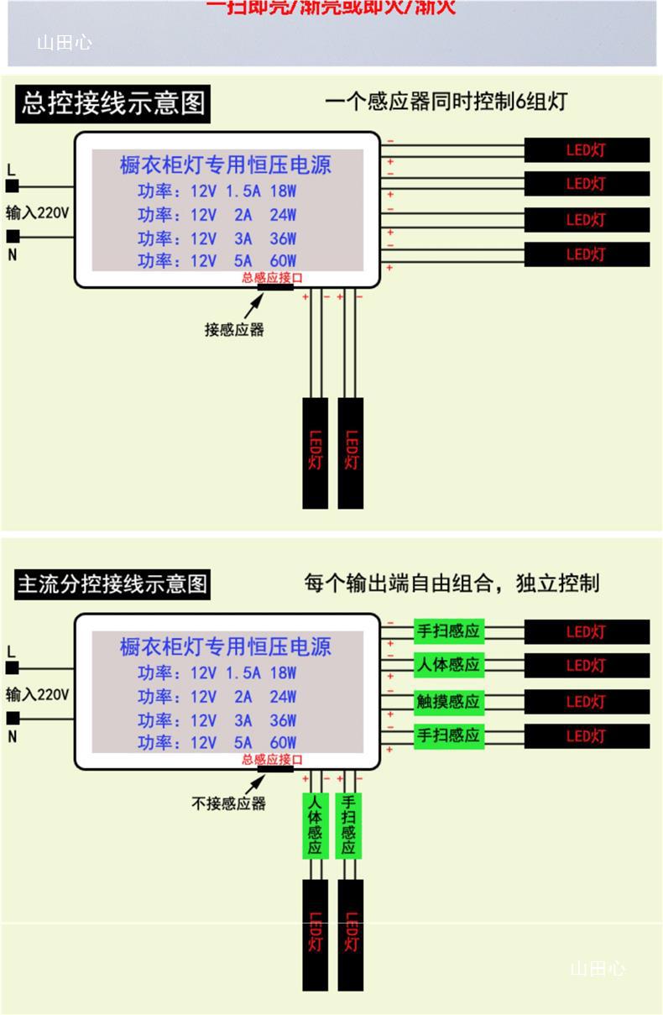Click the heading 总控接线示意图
pyautogui.click(x=112, y=103)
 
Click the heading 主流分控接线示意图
pyautogui.click(x=112, y=583)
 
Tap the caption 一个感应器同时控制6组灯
pyautogui.click(x=446, y=102)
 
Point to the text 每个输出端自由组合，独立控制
pyautogui.click(x=452, y=583)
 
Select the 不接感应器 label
pyautogui.click(x=228, y=803)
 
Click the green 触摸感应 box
pyautogui.click(x=448, y=701)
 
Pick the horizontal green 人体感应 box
pyautogui.click(x=448, y=665)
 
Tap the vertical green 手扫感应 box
pyautogui.click(x=348, y=826)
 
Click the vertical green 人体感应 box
pyautogui.click(x=315, y=826)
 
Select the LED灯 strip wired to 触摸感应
pyautogui.click(x=587, y=702)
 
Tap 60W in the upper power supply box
pyautogui.click(x=283, y=261)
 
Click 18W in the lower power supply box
pyautogui.click(x=283, y=672)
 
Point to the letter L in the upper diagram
pyautogui.click(x=11, y=170)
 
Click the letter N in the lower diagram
pyautogui.click(x=12, y=736)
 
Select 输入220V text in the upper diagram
pyautogui.click(x=37, y=212)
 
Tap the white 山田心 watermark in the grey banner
pyautogui.click(x=64, y=43)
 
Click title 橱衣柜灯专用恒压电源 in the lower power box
pyautogui.click(x=226, y=646)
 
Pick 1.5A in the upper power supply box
pyautogui.click(x=243, y=191)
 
